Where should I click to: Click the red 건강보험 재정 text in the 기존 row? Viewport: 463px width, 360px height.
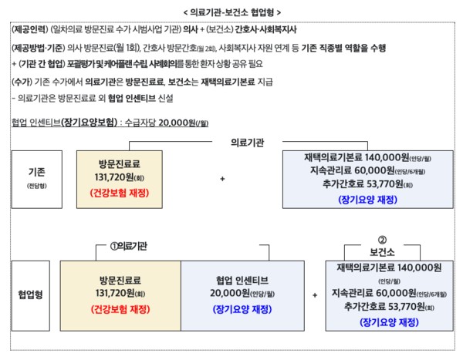(119, 190)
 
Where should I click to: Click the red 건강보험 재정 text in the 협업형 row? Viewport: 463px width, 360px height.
(119, 308)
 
